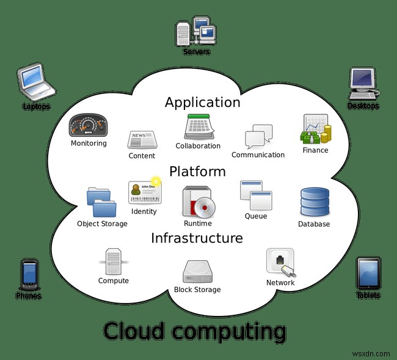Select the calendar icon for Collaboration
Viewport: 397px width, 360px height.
197,127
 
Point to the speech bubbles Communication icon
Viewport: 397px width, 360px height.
258,136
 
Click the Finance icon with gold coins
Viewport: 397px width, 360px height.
315,130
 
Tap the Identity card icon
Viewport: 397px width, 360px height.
144,193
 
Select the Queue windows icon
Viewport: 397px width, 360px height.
255,196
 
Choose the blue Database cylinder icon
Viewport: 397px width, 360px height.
314,202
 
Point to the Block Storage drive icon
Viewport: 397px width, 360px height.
197,271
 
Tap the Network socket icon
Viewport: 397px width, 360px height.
280,262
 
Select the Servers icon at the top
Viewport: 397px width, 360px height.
196,31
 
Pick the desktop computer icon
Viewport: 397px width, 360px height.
363,83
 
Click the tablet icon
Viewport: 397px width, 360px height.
368,273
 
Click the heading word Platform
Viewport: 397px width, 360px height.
197,171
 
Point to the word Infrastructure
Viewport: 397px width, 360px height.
197,238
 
